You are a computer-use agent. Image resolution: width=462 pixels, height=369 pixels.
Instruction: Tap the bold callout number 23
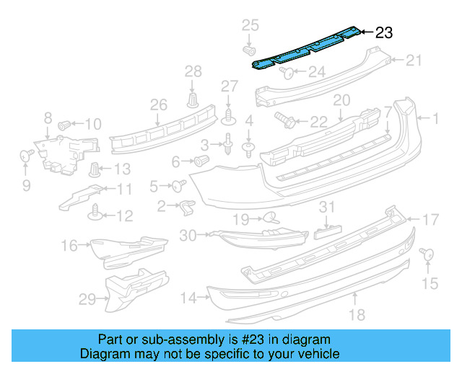click(x=384, y=32)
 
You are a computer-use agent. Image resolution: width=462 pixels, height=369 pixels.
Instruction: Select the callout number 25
click(x=250, y=26)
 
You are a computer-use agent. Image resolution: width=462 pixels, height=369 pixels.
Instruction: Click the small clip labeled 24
click(x=285, y=72)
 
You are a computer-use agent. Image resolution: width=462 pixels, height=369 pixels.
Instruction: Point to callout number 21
click(x=412, y=61)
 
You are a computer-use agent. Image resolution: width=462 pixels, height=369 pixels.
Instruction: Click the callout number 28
click(x=193, y=71)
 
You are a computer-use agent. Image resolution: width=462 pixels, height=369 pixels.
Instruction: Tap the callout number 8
click(x=48, y=117)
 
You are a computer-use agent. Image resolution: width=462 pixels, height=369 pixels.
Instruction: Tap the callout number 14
click(x=188, y=297)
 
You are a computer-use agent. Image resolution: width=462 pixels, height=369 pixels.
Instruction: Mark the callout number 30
click(x=188, y=234)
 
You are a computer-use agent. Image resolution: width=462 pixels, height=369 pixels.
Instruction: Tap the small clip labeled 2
click(x=186, y=208)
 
